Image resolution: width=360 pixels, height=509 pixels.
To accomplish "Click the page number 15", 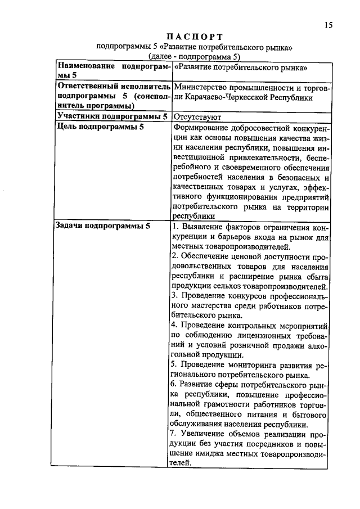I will coord(328,25).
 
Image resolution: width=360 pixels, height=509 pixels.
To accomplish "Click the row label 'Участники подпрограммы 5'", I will coord(112,116).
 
